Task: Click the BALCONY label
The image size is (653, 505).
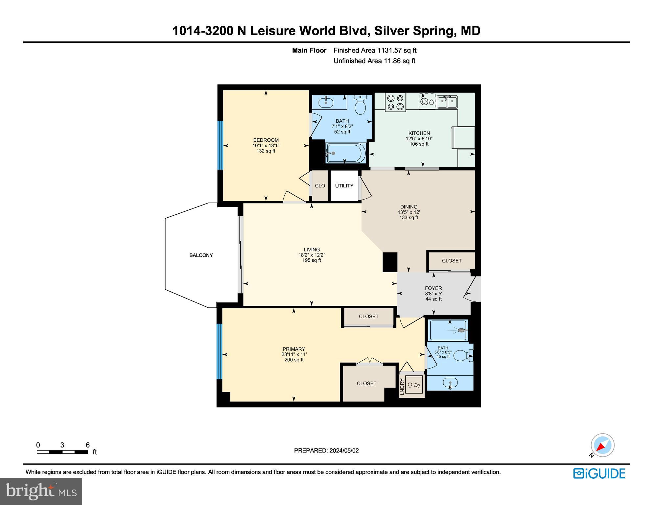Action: click(x=201, y=255)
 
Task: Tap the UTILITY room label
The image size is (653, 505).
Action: click(x=344, y=186)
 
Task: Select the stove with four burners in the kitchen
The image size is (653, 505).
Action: click(x=395, y=102)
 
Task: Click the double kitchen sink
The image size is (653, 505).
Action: click(x=447, y=102)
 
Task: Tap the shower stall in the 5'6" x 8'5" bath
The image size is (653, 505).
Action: click(x=448, y=330)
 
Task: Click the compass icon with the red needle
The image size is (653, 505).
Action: click(x=602, y=445)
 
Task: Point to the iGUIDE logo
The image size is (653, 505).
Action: click(x=599, y=473)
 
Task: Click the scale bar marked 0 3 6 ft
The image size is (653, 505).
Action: click(x=62, y=452)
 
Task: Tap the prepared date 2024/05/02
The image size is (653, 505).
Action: click(x=326, y=450)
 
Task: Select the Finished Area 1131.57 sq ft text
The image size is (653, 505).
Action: click(x=375, y=50)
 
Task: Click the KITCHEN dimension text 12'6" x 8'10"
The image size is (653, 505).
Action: click(x=419, y=139)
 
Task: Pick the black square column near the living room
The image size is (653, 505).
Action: click(x=390, y=262)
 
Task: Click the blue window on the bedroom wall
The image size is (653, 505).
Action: click(x=220, y=145)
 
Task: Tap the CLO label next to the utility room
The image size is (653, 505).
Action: click(x=320, y=186)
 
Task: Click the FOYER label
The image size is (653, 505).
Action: click(x=433, y=288)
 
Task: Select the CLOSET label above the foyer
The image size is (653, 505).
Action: click(x=452, y=261)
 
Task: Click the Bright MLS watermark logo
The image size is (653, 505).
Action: click(x=41, y=491)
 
